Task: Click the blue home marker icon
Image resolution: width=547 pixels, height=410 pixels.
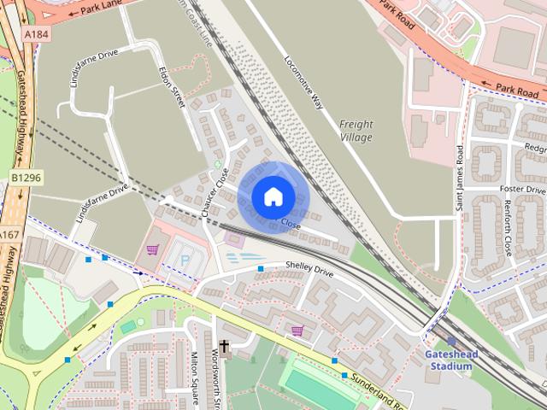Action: [272, 196]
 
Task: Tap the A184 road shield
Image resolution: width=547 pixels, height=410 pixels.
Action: [34, 33]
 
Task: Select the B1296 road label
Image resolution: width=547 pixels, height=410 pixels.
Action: [26, 178]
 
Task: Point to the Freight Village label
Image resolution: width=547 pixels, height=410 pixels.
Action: [356, 131]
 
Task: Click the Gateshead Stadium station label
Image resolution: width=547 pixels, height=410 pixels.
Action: [450, 360]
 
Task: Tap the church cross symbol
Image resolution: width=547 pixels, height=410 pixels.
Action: [225, 347]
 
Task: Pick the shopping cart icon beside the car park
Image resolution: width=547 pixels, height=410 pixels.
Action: [152, 249]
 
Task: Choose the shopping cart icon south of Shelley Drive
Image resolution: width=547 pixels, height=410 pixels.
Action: [297, 331]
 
